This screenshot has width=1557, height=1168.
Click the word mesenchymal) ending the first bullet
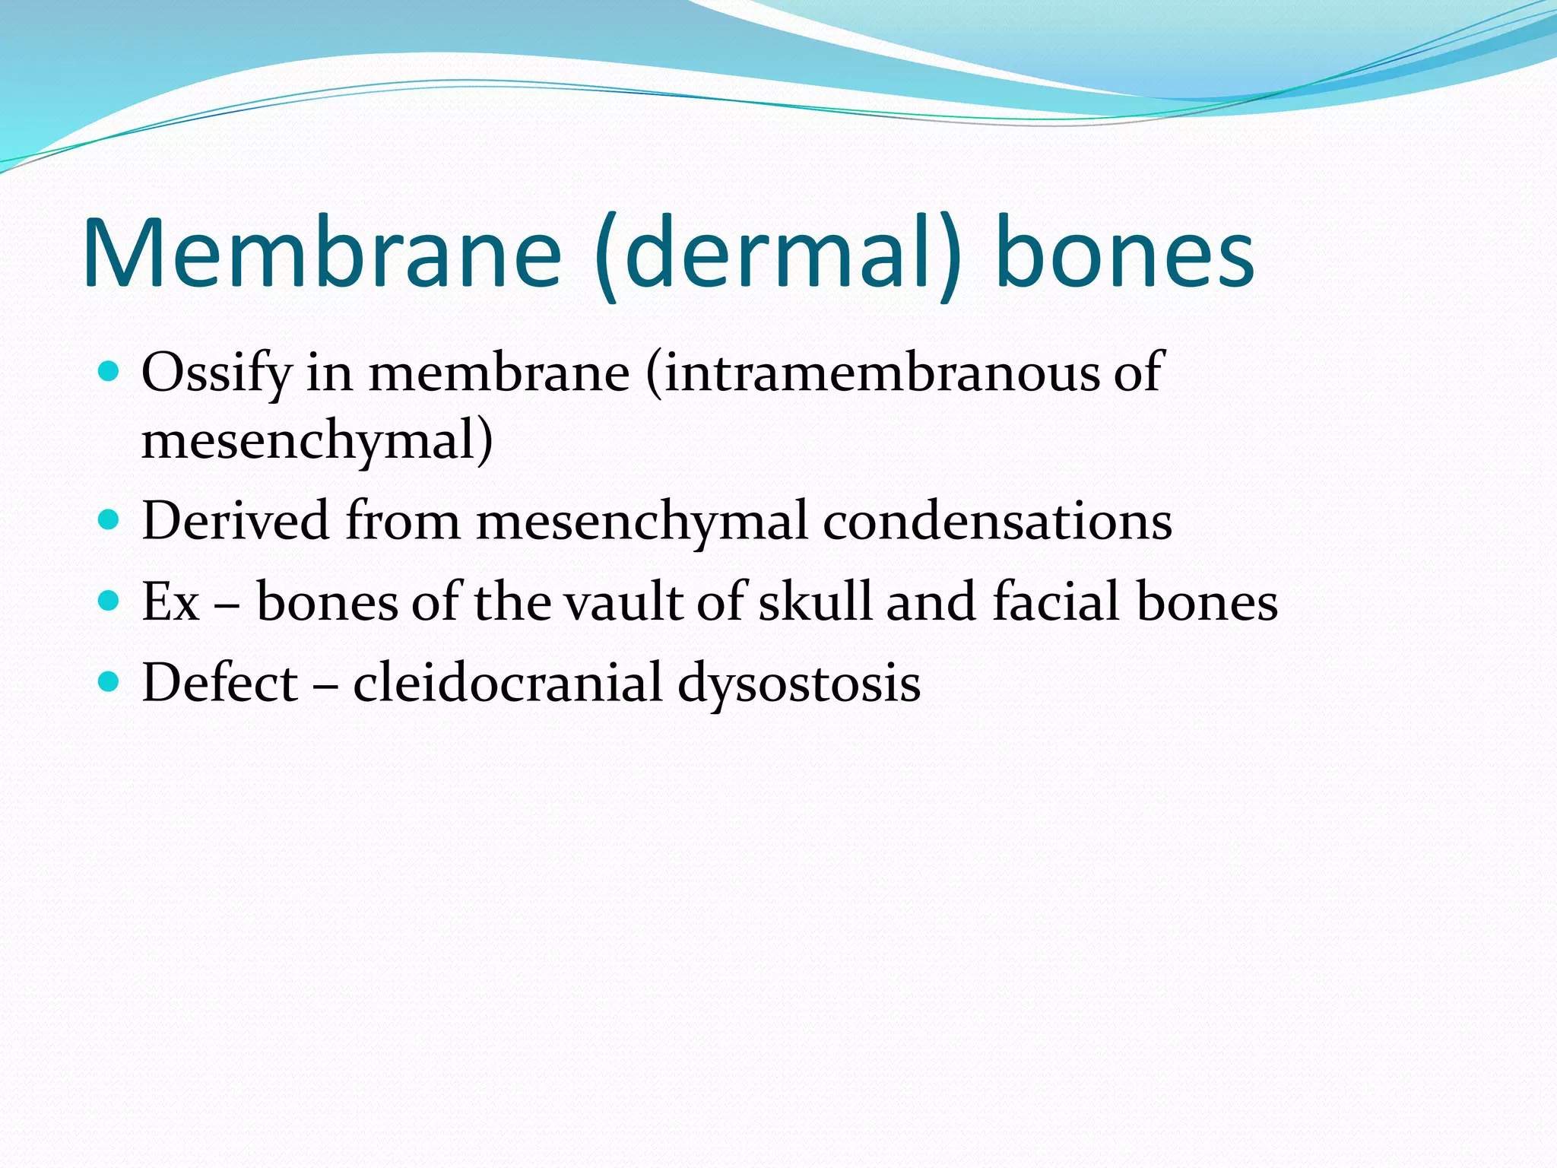(317, 441)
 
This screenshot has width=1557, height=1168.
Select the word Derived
(236, 521)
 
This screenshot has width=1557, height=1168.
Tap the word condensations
(997, 521)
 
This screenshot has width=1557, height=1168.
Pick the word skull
(814, 601)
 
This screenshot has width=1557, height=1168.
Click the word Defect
(220, 682)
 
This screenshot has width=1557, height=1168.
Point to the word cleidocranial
(507, 682)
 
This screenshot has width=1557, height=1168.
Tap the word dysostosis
(798, 684)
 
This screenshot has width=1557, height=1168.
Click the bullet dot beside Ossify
(109, 371)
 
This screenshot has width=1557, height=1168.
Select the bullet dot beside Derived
(109, 519)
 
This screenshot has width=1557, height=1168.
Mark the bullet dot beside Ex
(109, 601)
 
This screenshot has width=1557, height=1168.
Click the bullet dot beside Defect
(109, 681)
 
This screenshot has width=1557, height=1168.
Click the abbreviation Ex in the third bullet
(170, 601)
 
